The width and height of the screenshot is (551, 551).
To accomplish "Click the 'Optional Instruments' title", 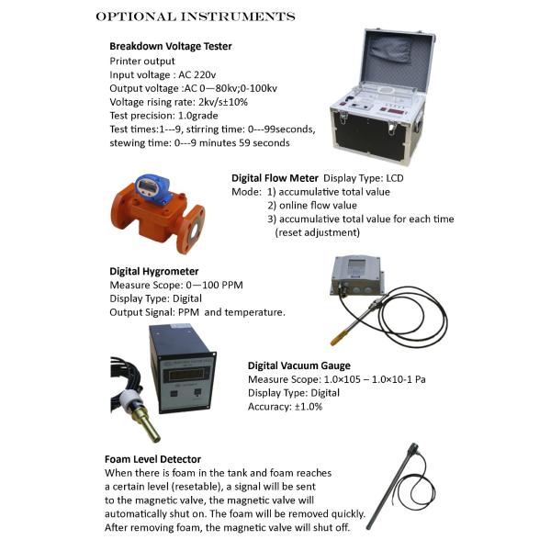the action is pyautogui.click(x=196, y=17).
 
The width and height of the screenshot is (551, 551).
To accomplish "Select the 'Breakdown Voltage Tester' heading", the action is pyautogui.click(x=171, y=46).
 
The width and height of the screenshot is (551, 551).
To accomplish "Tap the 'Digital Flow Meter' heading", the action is pyautogui.click(x=275, y=178).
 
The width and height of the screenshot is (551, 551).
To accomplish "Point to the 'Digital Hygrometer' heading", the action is pyautogui.click(x=154, y=271).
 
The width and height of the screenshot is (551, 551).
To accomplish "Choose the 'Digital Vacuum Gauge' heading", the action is pyautogui.click(x=299, y=365).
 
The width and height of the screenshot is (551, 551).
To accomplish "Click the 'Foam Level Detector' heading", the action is pyautogui.click(x=152, y=459).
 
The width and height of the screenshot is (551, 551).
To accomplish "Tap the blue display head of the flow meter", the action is pyautogui.click(x=152, y=188).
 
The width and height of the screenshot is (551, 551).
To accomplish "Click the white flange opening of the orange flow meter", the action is pyautogui.click(x=195, y=231).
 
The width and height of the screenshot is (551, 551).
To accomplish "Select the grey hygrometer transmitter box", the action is pyautogui.click(x=356, y=275).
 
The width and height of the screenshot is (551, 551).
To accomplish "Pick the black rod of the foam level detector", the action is pyautogui.click(x=391, y=489).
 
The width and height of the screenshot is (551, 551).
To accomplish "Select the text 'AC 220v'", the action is pyautogui.click(x=197, y=75).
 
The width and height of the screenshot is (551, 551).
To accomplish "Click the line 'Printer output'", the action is pyautogui.click(x=142, y=62).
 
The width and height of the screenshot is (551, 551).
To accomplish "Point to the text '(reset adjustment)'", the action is pyautogui.click(x=318, y=232).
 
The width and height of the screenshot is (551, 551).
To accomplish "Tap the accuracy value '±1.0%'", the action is pyautogui.click(x=309, y=407).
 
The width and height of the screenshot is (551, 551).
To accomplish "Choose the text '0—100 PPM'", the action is pyautogui.click(x=214, y=285).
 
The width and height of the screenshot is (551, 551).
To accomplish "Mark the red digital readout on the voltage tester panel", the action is pyautogui.click(x=399, y=111).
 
